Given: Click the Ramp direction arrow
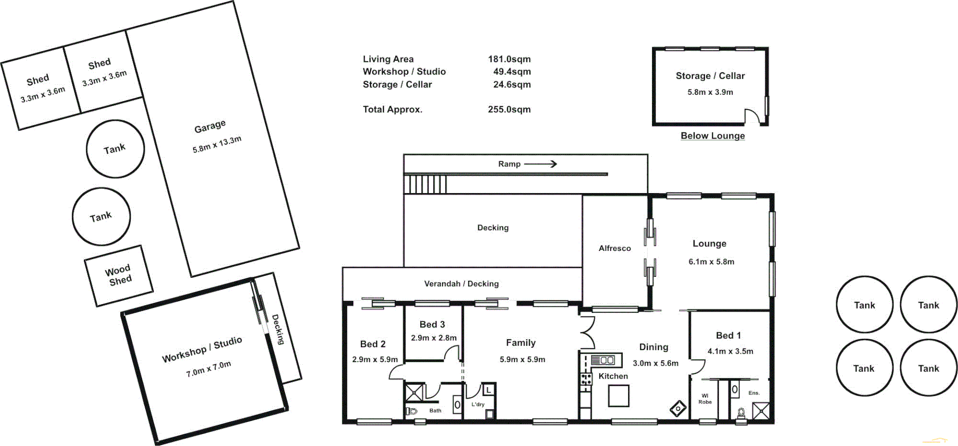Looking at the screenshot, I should coord(540,164).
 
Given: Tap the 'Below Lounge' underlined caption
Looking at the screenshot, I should coord(713,136).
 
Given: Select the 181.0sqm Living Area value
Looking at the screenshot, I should coord(509,59).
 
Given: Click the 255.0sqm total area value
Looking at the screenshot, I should coord(509,109).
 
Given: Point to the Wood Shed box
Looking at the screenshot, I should coord(119,275).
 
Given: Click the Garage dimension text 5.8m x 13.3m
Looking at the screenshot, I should coord(217,145).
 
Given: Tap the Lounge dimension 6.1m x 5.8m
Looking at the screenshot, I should coord(711,261).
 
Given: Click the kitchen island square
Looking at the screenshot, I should coord(618,397).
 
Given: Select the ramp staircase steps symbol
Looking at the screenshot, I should coord(425,185).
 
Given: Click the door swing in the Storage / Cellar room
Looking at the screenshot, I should coord(752,116).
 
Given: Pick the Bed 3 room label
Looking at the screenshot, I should coord(432,324).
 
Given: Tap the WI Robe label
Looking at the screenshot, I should coord(705,399).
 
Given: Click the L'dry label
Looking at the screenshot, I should coord(478,404).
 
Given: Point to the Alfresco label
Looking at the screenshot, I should coord(615,248).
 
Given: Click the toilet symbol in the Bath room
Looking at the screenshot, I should coord(412,411).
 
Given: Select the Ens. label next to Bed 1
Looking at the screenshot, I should coord(754,393).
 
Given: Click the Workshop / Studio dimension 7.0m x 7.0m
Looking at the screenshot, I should coord(209,369).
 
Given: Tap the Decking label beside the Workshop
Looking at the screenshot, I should coord(278,329).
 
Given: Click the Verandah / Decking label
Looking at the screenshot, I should coord(461,283).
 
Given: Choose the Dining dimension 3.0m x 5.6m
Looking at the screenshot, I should coord(656,363).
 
